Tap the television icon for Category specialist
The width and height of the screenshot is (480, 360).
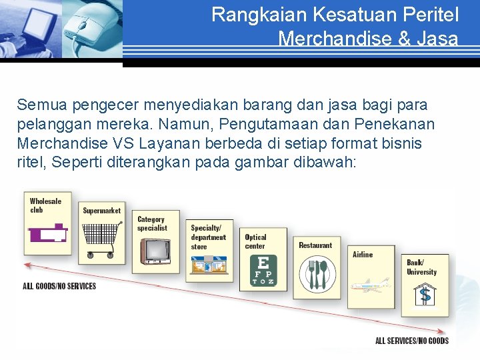point(155,251)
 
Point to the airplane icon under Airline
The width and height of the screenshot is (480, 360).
point(369,285)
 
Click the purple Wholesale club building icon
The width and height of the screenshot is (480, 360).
point(48,233)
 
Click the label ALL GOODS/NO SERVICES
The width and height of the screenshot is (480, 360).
point(59,286)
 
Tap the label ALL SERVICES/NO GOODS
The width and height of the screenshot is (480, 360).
point(411,341)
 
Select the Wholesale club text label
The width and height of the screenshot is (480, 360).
point(45,205)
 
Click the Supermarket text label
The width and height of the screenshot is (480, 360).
point(101,211)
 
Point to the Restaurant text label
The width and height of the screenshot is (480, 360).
point(315,245)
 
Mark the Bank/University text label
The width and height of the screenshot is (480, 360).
point(421,267)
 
